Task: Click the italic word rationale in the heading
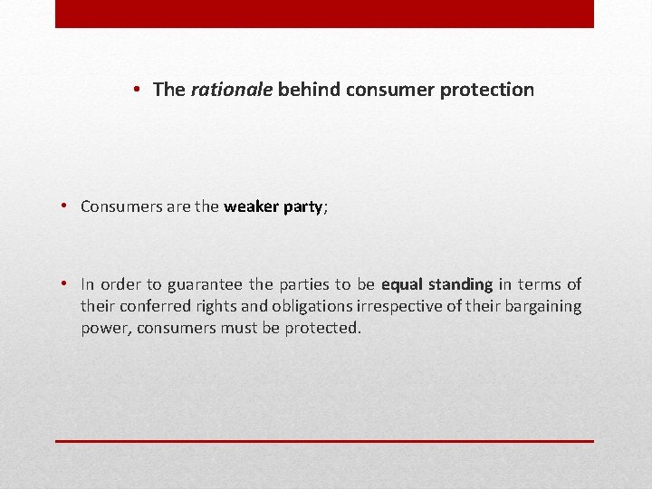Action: [x=232, y=90]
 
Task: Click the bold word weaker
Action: [x=253, y=206]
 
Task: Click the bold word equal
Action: [x=401, y=285]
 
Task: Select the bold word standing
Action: [x=460, y=285]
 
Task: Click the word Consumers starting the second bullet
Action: [x=120, y=206]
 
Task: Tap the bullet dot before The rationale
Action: [x=135, y=89]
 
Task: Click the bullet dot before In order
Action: [x=66, y=284]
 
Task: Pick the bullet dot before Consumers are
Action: [x=66, y=206]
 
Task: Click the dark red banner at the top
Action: [x=324, y=14]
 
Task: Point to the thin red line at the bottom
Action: [x=324, y=441]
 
